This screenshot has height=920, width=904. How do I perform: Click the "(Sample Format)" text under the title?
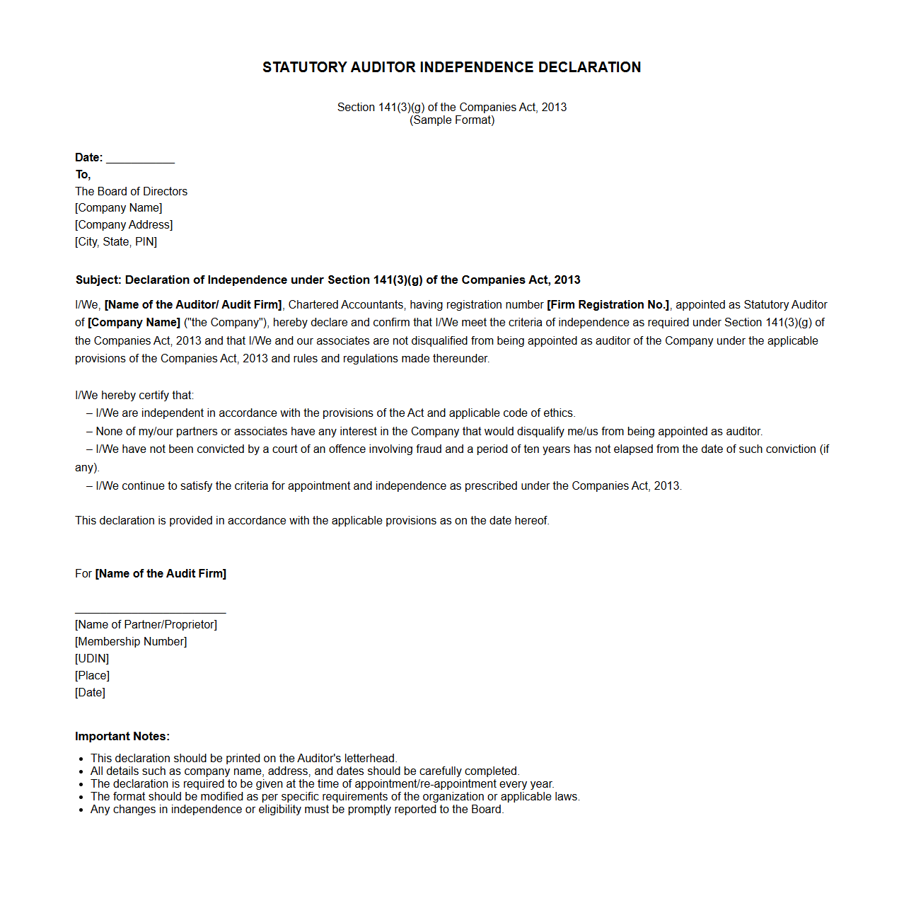point(452,120)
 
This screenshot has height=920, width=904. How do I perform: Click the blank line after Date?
point(140,159)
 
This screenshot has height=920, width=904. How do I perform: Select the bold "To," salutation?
point(83,175)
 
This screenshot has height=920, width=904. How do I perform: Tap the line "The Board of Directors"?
point(132,192)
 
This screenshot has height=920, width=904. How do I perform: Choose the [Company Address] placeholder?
point(124,225)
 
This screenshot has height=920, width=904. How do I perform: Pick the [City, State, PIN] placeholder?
point(116,242)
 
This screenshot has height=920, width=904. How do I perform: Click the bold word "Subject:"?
point(98,280)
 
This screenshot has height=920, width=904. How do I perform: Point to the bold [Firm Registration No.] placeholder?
point(608,305)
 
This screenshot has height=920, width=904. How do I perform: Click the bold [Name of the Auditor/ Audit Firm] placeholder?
point(193,305)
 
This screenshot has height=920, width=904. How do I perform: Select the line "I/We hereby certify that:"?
point(134,396)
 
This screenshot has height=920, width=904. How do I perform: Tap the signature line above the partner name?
point(151,612)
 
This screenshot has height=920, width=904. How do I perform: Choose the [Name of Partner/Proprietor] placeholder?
point(146,625)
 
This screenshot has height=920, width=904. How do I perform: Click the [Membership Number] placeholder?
point(131,642)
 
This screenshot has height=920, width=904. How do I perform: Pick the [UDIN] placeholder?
point(92,659)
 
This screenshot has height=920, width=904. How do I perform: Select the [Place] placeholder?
point(92,676)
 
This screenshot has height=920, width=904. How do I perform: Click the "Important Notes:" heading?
point(122,737)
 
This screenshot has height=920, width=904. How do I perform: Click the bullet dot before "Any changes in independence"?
point(82,810)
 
